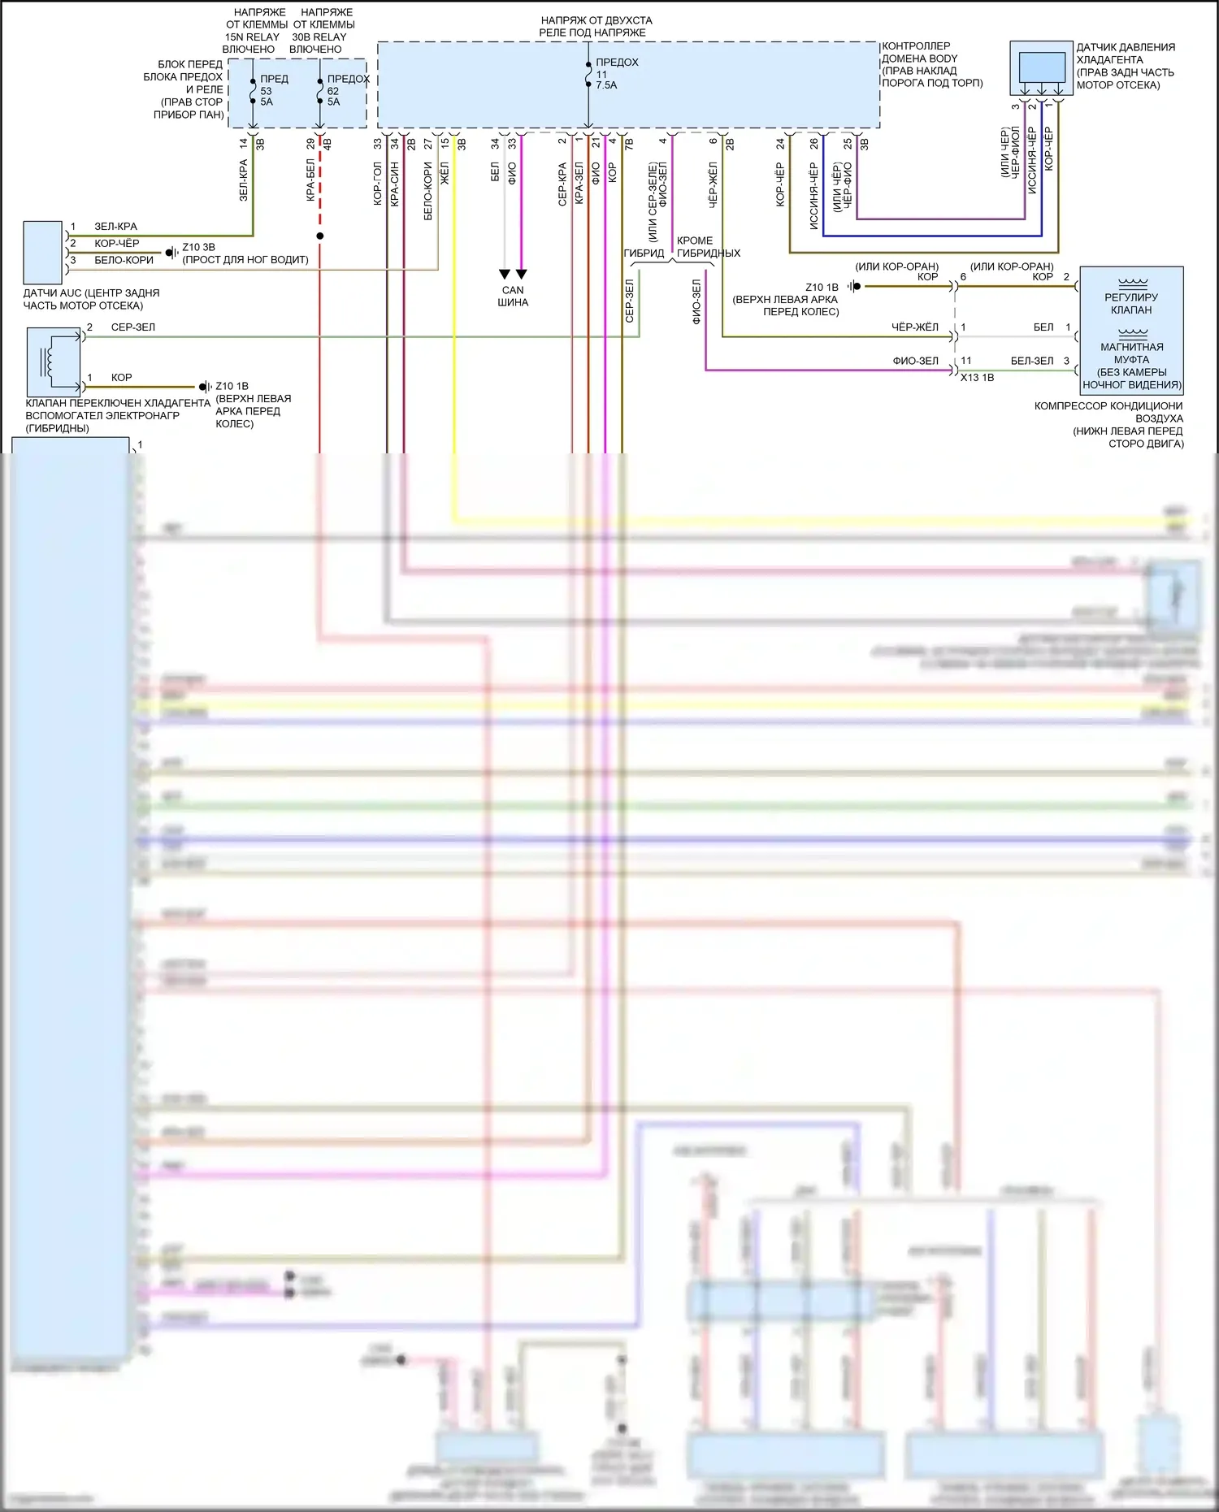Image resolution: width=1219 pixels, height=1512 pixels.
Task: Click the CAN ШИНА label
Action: click(513, 296)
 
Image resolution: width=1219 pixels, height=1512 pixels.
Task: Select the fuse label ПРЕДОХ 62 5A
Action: click(345, 90)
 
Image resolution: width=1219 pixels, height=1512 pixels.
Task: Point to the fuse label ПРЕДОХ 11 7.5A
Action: click(615, 73)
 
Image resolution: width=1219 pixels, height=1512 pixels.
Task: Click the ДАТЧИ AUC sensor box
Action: click(42, 252)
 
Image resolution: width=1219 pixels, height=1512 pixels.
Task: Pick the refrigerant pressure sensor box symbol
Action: click(1041, 67)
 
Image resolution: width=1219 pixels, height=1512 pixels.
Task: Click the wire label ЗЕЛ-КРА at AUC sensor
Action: click(115, 227)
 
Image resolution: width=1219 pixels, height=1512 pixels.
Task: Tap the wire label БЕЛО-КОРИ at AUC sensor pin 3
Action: click(124, 260)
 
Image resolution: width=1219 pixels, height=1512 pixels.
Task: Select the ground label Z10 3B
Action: click(198, 247)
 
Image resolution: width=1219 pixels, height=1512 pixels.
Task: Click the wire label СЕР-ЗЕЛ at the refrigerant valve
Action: click(132, 327)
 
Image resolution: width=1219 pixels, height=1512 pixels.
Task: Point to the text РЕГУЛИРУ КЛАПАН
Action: click(1131, 303)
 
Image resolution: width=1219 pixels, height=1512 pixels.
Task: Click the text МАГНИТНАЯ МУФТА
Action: click(1131, 353)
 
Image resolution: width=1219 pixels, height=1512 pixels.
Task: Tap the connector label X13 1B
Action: click(977, 378)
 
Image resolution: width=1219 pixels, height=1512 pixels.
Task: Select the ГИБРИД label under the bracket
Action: click(644, 253)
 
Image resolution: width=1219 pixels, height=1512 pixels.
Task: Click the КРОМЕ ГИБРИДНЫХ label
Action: click(708, 247)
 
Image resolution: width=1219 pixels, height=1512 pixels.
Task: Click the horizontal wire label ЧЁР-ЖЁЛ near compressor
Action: click(914, 327)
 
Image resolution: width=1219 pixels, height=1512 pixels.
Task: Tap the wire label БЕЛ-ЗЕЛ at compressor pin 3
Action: click(1031, 361)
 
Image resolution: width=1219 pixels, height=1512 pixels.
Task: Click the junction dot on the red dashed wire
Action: click(320, 236)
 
